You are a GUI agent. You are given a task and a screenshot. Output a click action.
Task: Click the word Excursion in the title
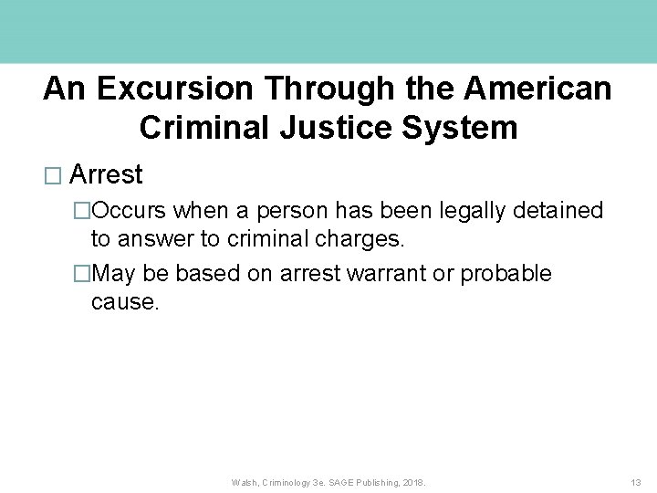point(169,89)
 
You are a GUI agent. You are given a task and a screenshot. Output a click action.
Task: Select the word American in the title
point(537,89)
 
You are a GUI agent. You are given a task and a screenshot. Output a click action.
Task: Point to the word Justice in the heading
point(313,127)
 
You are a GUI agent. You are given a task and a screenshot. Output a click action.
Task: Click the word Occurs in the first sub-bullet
point(130,211)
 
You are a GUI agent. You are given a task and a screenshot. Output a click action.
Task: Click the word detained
point(561,211)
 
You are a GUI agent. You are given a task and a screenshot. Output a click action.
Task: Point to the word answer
point(155,239)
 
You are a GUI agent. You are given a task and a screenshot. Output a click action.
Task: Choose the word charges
point(364,239)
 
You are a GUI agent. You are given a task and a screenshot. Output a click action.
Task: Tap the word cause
point(125,302)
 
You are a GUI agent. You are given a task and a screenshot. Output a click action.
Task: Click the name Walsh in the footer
point(245,482)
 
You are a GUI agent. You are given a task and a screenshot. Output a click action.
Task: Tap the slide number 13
point(636,482)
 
